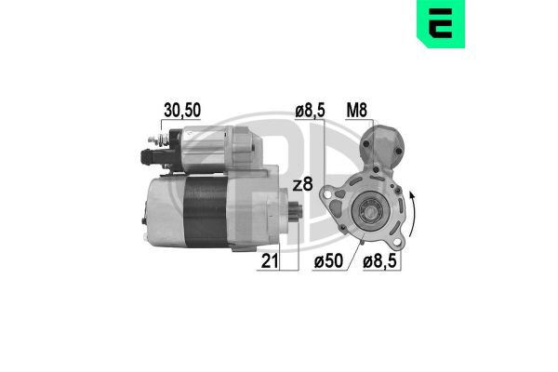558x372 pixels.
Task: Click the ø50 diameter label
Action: (x=330, y=262)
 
